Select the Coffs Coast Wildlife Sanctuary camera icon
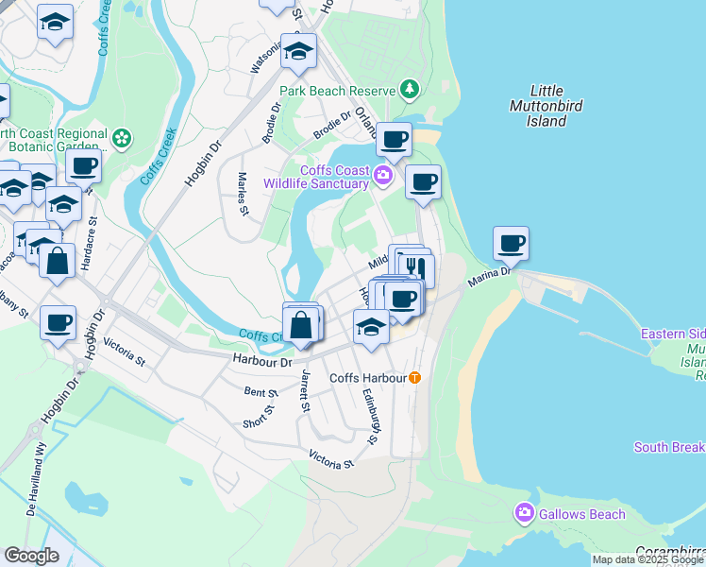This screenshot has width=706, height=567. pos(382,174)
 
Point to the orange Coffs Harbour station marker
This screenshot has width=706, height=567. pos(414,378)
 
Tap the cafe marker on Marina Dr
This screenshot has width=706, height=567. pos(511,244)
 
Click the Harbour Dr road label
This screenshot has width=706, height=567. pos(261,360)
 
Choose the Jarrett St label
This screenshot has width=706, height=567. pos(305,391)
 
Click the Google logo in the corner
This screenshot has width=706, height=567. pos(31,556)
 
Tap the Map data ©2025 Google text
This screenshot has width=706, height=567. pos(648,559)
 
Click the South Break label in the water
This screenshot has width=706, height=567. pos(669,447)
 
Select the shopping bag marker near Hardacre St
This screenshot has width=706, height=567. pos(58,260)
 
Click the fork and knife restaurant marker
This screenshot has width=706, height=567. pos(415,268)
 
